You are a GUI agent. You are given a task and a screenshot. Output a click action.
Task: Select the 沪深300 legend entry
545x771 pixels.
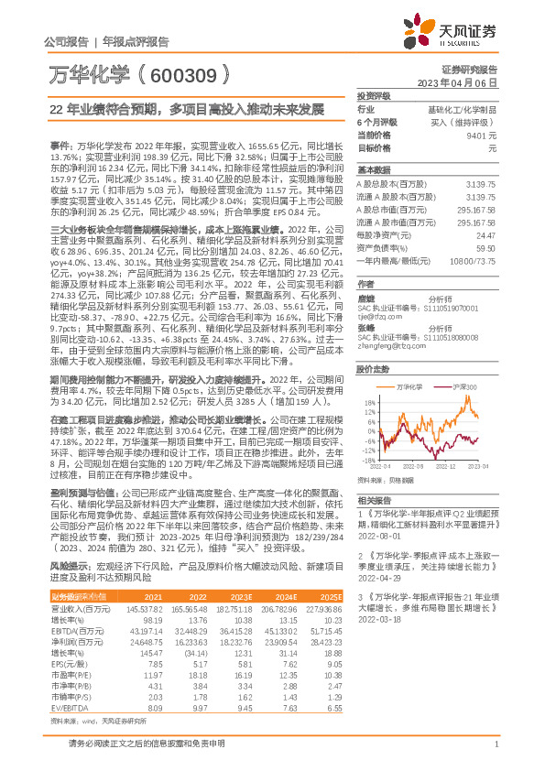463,388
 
